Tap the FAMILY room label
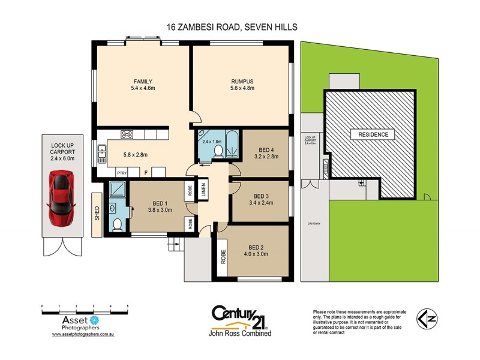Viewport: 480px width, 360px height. (x=143, y=82)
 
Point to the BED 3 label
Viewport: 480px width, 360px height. (x=261, y=196)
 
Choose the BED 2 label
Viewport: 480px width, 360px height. (x=256, y=247)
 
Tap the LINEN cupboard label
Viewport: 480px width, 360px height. (x=203, y=188)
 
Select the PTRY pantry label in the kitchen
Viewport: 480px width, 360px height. (x=121, y=172)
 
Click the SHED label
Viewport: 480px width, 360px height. (x=97, y=214)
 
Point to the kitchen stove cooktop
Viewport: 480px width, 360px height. (x=127, y=134)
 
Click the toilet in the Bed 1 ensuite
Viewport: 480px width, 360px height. (x=118, y=224)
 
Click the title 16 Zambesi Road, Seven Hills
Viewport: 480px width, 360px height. (x=232, y=27)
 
